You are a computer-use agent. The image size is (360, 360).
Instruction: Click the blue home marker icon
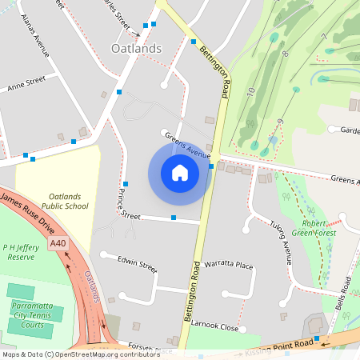179,173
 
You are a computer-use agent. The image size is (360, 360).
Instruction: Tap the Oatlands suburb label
134,49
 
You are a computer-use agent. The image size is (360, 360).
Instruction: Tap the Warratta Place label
229,265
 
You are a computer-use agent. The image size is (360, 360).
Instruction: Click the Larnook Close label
214,326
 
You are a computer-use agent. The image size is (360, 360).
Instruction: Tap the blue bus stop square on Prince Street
173,218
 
